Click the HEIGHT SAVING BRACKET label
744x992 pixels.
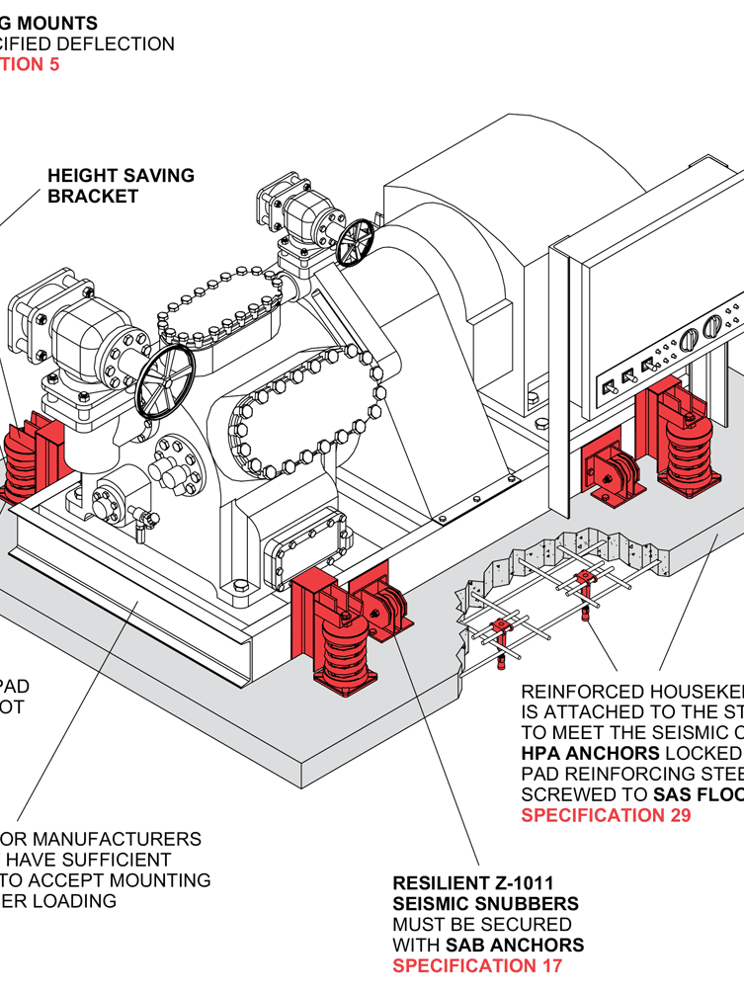pos(121,186)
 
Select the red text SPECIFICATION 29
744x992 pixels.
pos(606,815)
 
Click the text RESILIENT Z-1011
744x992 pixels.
pos(472,882)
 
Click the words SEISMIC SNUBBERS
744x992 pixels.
pos(485,903)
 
